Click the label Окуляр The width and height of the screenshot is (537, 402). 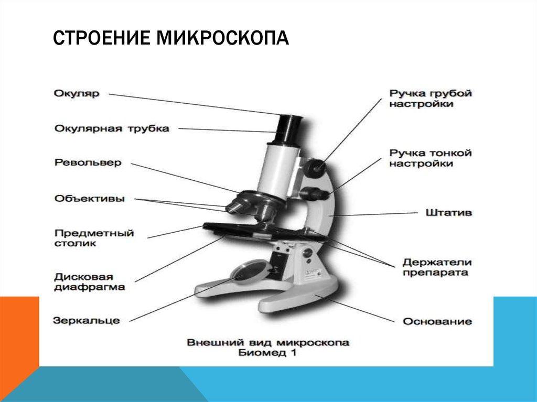tap(77, 93)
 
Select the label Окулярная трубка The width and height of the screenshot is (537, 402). tap(112, 129)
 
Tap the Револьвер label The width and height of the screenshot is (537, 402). tap(88, 162)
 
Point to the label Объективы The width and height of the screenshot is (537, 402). tap(89, 199)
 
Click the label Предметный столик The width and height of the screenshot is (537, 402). tap(94, 238)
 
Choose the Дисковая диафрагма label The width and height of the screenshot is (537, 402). tap(89, 282)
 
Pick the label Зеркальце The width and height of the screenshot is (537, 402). tap(87, 321)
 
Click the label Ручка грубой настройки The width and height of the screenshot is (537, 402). tap(431, 99)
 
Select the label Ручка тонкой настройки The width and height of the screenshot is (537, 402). tap(431, 158)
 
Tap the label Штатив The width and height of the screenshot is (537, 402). tap(449, 213)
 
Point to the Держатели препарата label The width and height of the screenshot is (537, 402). tap(437, 267)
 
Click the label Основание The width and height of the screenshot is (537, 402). tap(437, 321)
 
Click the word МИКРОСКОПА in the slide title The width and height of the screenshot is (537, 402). tap(222, 38)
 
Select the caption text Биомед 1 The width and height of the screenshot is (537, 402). tap(267, 353)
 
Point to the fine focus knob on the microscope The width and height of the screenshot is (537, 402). tap(314, 193)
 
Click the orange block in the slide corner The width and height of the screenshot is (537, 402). tap(19, 339)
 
